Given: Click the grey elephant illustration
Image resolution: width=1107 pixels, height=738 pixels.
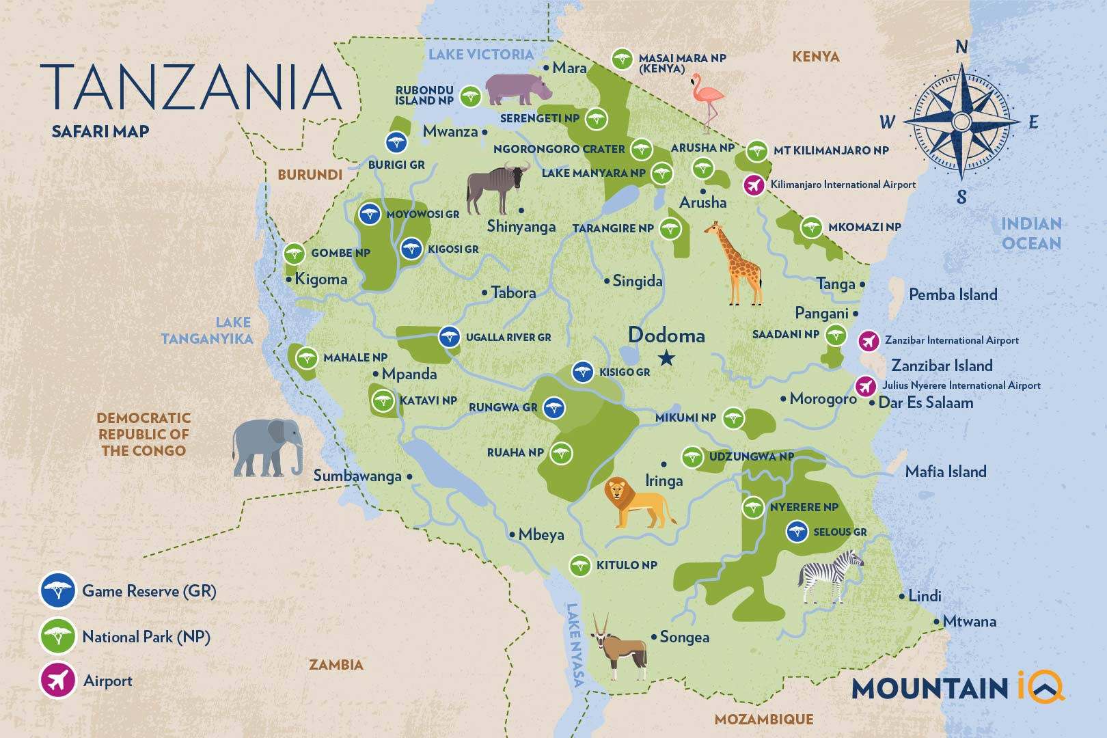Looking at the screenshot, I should pyautogui.click(x=268, y=448).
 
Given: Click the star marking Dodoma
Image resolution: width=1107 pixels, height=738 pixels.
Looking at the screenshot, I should pyautogui.click(x=666, y=357).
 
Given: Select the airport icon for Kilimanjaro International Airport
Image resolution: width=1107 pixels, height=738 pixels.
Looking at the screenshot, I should pyautogui.click(x=754, y=185).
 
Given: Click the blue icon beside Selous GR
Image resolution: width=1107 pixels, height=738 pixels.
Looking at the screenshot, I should pyautogui.click(x=797, y=532).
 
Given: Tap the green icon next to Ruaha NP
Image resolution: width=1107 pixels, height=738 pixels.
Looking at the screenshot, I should pyautogui.click(x=561, y=452).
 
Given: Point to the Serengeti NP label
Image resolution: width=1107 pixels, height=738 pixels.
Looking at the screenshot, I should pyautogui.click(x=540, y=118).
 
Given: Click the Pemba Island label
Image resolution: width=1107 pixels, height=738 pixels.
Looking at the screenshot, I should pyautogui.click(x=953, y=295).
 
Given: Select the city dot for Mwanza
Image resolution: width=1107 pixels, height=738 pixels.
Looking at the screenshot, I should pyautogui.click(x=485, y=133).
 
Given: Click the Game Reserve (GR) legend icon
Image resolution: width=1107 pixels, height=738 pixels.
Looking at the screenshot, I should pyautogui.click(x=58, y=590).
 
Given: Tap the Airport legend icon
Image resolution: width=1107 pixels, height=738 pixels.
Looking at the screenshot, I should pyautogui.click(x=58, y=681).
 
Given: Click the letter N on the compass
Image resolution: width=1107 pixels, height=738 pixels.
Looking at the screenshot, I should pyautogui.click(x=961, y=47).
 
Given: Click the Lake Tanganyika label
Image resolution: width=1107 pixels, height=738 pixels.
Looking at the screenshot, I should pyautogui.click(x=207, y=330).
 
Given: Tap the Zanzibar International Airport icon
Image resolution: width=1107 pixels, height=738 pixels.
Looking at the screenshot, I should pyautogui.click(x=869, y=340).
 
